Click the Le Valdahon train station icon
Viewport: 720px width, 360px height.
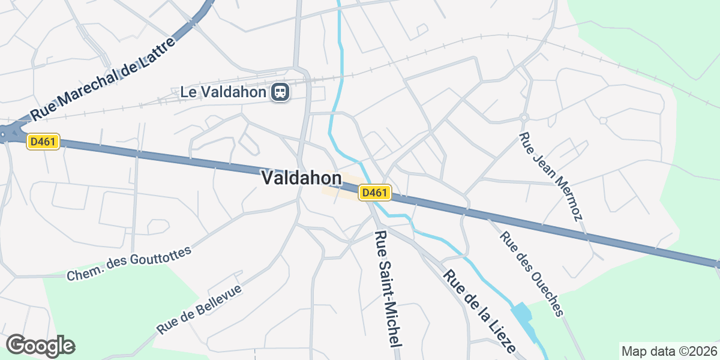pyautogui.click(x=280, y=92)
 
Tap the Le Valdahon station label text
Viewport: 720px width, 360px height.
pyautogui.click(x=223, y=92)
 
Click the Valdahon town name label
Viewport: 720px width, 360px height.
pyautogui.click(x=302, y=178)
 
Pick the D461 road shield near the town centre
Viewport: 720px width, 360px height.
pyautogui.click(x=376, y=193)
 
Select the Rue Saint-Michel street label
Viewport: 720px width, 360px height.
pyautogui.click(x=387, y=288)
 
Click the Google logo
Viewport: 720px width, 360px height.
pyautogui.click(x=41, y=346)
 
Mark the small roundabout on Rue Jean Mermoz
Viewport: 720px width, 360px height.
pyautogui.click(x=524, y=117)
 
